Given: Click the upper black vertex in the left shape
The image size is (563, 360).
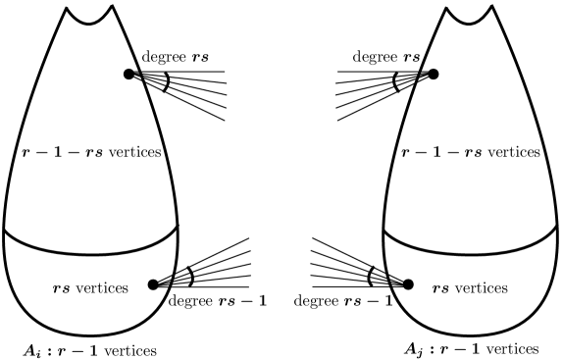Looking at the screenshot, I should click(x=128, y=74).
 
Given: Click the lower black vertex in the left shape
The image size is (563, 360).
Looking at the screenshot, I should click(x=152, y=285).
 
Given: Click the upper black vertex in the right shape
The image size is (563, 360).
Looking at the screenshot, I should click(x=433, y=74).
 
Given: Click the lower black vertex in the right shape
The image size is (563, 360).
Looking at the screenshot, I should click(x=409, y=284).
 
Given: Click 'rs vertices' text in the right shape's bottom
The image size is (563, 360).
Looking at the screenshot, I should click(x=470, y=288).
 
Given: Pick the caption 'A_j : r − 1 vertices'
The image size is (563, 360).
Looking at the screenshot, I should click(x=471, y=348).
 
